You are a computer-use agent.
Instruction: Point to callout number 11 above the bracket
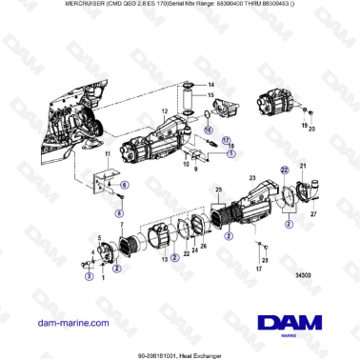[108, 154]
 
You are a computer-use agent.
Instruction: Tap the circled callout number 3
[90, 277]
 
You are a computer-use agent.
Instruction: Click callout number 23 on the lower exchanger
[252, 177]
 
